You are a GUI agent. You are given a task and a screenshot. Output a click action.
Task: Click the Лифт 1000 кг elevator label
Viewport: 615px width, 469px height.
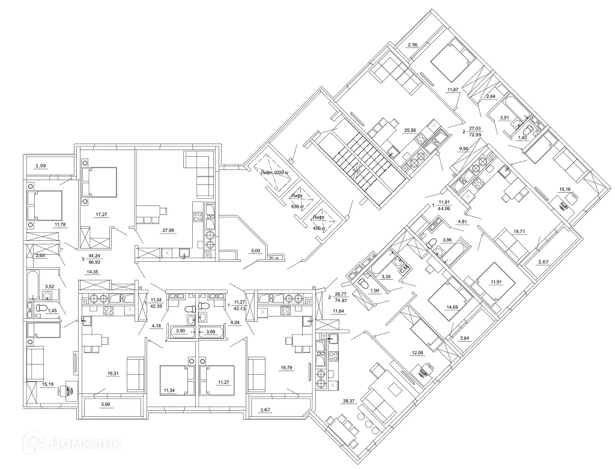[275, 173]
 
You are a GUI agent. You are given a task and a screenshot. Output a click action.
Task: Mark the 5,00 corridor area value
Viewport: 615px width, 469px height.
[255, 251]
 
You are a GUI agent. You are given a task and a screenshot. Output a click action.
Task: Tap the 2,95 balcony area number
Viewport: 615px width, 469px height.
[412, 45]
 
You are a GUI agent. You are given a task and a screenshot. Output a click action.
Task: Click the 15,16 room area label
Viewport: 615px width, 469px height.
[565, 190]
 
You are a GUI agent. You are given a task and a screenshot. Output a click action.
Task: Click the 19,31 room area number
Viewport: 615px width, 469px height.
[112, 373]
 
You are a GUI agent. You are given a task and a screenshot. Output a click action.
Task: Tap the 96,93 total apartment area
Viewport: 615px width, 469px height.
[94, 262]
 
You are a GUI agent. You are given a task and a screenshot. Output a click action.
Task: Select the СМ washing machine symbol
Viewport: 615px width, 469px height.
[404, 267]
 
